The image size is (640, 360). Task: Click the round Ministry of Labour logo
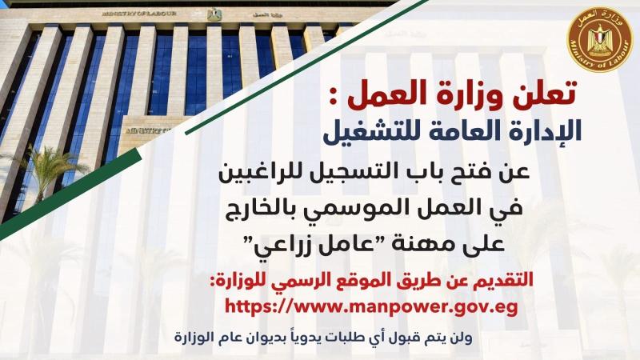pyautogui.click(x=600, y=39)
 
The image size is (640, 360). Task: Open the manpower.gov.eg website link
pyautogui.click(x=371, y=307)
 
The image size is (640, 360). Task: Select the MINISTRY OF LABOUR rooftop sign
pyautogui.click(x=139, y=14)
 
